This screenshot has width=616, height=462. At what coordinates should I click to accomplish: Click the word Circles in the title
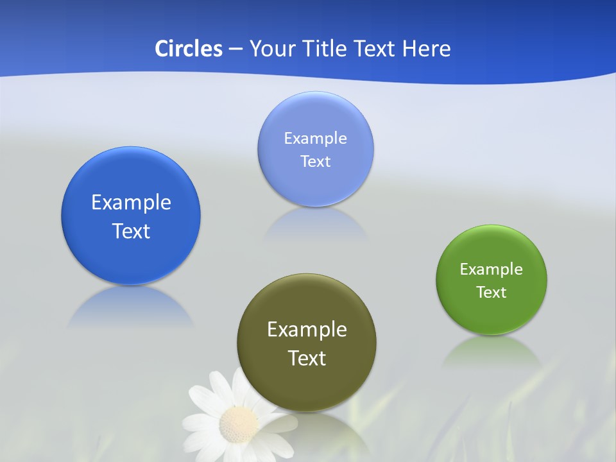pos(189,48)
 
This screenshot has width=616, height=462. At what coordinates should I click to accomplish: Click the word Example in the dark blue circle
pos(131,203)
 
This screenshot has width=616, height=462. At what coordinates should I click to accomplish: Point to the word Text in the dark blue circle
pos(131,231)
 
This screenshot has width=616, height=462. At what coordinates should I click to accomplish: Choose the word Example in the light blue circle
pos(316,138)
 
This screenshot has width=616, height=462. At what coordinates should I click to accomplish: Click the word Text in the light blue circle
pos(316,161)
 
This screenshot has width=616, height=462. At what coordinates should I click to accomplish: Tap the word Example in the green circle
pos(492,269)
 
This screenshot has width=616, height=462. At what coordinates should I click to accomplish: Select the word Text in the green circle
pos(492,292)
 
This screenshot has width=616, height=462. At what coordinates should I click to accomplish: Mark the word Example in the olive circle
pos(307,330)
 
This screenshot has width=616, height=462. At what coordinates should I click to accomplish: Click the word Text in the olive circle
pos(307,358)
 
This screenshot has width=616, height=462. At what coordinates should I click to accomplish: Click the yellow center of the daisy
pos(238,423)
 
